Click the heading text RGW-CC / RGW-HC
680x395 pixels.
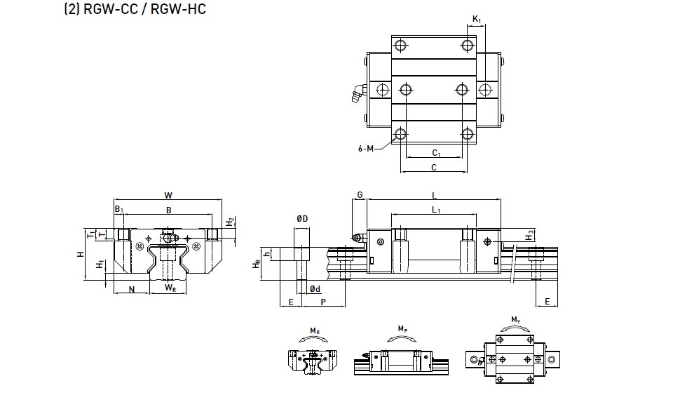point(135,11)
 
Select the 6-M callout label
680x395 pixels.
point(366,148)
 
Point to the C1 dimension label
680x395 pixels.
point(435,152)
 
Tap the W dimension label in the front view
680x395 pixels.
point(168,196)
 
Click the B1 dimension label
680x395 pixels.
point(119,209)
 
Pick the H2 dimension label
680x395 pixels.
point(230,222)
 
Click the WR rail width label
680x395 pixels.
point(170,288)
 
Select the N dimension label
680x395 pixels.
point(132,288)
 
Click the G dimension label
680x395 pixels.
point(360,194)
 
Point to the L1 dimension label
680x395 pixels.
point(435,210)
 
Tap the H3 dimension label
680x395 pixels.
point(531,233)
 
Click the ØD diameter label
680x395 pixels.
point(302,219)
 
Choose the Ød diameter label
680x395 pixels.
point(315,288)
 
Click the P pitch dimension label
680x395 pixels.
point(322,301)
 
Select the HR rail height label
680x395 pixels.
point(257,263)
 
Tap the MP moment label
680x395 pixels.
point(402,328)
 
